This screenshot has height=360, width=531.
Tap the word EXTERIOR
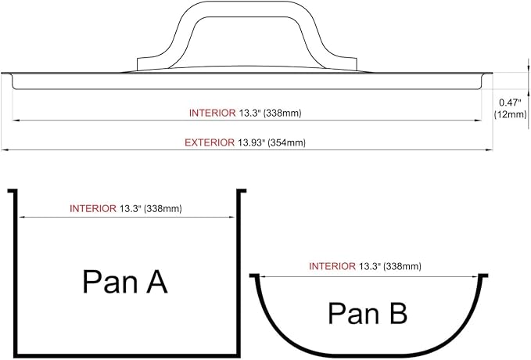pos(210,142)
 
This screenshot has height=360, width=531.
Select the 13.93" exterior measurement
pos(250,142)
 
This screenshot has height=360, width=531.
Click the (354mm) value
pos(286,142)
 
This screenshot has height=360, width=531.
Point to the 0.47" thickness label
pos(509,103)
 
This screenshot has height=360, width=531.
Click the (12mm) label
pos(511,114)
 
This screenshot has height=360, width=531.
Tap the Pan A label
pos(125,282)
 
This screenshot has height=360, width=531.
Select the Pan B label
pos(368,313)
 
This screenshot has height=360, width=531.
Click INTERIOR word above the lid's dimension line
pos(213,113)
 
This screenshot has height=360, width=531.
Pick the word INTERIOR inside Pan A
pos(93,208)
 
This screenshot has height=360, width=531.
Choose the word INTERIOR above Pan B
pos(332,266)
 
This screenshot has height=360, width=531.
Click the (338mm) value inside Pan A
pos(163,209)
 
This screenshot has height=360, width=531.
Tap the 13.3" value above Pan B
pos(370,266)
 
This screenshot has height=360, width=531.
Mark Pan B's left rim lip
pos(254,275)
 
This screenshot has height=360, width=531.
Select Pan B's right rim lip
pos(483,275)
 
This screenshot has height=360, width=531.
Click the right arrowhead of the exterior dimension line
pos(490,149)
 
